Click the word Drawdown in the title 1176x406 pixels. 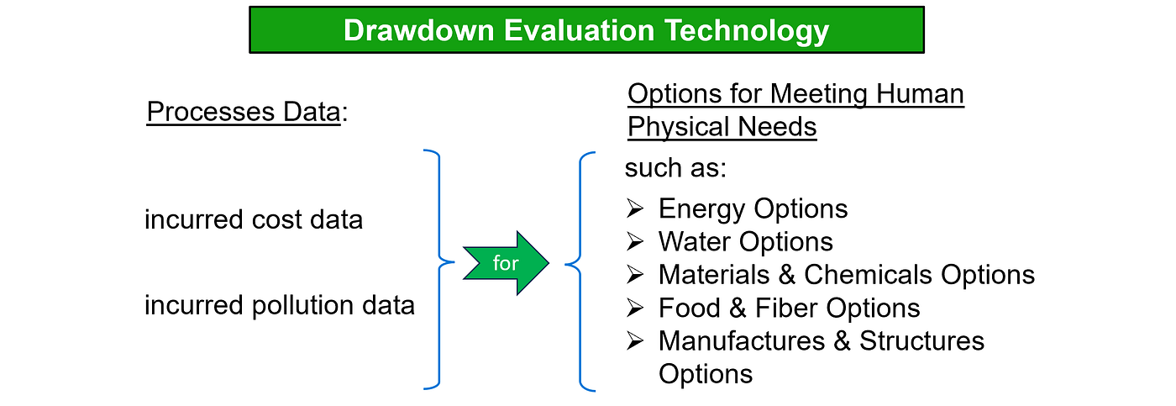(x=419, y=30)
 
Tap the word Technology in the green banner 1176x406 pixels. (x=747, y=31)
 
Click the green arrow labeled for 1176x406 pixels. (x=506, y=262)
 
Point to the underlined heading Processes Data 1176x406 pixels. (x=244, y=112)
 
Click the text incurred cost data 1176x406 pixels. (x=254, y=219)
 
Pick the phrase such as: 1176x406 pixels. (x=675, y=168)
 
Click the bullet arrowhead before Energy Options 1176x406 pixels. (x=635, y=208)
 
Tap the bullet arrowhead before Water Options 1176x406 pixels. (x=635, y=241)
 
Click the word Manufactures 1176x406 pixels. (x=742, y=341)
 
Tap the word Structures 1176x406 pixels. (x=922, y=341)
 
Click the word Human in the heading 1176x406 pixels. (x=920, y=94)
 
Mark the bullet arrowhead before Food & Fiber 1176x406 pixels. (x=635, y=308)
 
